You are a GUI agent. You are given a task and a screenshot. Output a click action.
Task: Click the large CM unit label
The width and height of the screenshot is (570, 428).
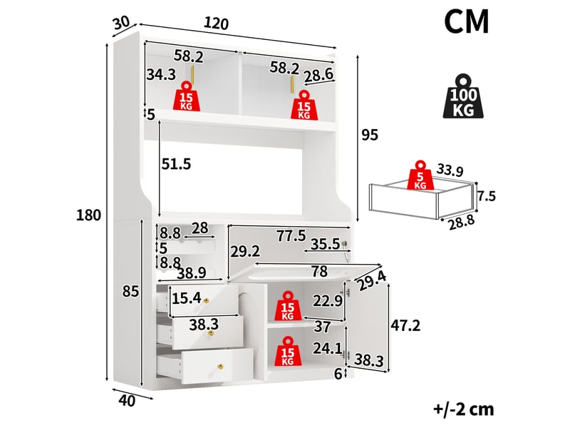tap(467, 22)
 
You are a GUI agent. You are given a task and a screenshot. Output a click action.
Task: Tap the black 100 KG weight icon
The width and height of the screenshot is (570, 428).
tap(463, 96)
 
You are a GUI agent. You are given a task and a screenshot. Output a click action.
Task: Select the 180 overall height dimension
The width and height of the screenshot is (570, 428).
tap(88, 215)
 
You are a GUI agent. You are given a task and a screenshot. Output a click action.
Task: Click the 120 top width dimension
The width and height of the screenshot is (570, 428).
tap(217, 24)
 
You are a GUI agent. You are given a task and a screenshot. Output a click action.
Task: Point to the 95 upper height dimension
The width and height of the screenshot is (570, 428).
tap(370, 135)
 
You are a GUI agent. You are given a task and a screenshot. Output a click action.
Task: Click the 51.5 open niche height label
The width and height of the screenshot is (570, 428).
tap(176, 164)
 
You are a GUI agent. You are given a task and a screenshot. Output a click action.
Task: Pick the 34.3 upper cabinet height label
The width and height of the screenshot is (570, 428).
tap(161, 75)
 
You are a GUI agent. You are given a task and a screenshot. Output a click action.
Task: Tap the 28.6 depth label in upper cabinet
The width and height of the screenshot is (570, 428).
tap(318, 75)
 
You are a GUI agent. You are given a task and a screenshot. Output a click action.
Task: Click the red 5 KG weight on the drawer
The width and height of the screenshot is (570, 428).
tap(420, 175)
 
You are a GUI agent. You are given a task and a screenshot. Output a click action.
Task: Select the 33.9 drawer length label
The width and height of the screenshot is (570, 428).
tap(450, 170)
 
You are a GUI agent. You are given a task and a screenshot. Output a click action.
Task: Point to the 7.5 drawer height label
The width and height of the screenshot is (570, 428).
tap(487, 197)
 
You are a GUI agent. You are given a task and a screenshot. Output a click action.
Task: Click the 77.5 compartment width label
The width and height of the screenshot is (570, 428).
tap(291, 236)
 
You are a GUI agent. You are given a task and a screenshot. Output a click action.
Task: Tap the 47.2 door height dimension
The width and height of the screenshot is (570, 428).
tap(405, 325)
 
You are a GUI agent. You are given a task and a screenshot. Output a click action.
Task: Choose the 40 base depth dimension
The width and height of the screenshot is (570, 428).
tap(127, 401)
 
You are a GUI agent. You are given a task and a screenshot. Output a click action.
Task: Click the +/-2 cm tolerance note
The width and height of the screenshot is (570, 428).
tap(464, 409)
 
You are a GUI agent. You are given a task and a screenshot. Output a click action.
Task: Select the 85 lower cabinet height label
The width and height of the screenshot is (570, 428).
tap(131, 292)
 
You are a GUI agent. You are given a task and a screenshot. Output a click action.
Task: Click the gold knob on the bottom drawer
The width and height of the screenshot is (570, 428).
tap(220, 366)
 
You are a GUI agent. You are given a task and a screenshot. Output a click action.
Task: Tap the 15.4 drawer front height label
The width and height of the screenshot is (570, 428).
tap(187, 298)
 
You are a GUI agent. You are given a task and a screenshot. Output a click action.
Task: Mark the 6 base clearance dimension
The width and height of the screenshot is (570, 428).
tap(338, 374)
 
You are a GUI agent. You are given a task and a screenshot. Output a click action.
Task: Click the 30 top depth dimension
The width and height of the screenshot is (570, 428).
tap(121, 23)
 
